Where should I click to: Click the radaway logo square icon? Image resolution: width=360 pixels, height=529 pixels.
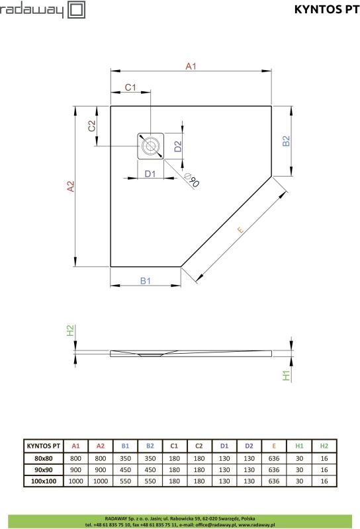[75, 9]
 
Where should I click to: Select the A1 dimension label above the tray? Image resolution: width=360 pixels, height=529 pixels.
[191, 66]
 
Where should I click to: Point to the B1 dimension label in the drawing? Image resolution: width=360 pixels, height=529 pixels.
[146, 280]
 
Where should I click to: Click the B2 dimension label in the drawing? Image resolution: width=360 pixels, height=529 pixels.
[286, 141]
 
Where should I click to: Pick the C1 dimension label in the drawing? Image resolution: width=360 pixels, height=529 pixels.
[130, 87]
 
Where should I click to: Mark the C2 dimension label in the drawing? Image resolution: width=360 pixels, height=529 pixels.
[93, 126]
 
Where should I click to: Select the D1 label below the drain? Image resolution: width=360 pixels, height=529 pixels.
[150, 174]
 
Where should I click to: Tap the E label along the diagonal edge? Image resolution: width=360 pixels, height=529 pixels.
[241, 229]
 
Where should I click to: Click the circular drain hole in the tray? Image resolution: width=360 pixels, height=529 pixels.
[151, 145]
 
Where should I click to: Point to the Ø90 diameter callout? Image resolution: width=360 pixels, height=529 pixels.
[190, 179]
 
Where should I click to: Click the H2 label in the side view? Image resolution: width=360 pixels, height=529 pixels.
[71, 331]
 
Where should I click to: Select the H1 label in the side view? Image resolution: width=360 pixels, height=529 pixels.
[286, 376]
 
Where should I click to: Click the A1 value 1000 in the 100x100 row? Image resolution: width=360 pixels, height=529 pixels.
[75, 481]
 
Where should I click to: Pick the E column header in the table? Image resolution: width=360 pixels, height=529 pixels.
[274, 446]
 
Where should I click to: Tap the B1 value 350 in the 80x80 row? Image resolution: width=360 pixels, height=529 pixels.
[125, 458]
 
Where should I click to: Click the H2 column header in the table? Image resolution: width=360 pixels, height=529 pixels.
[324, 446]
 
